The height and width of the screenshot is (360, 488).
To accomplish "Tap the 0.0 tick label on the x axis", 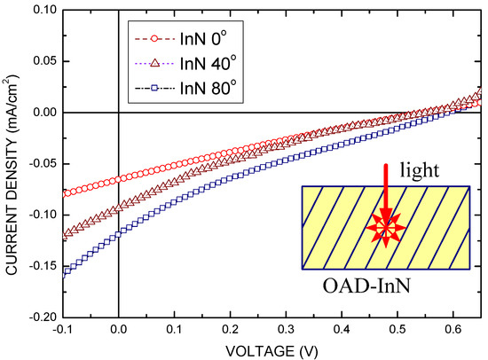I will (118, 329).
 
